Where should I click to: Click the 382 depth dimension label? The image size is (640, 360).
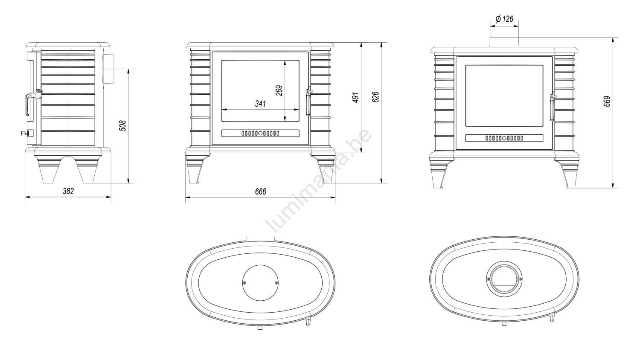click(68, 191)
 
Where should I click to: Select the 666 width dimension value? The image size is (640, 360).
click(261, 192)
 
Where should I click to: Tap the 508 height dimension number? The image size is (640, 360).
click(122, 126)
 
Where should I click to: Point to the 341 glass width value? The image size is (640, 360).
click(261, 104)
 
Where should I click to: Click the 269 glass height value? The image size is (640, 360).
click(279, 90)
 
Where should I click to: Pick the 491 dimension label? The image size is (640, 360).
click(355, 97)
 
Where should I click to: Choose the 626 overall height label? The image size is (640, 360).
click(375, 97)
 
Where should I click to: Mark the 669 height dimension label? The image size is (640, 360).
click(607, 102)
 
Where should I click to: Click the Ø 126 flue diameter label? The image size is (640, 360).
click(505, 19)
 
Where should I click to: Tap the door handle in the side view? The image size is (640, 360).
click(27, 105)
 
